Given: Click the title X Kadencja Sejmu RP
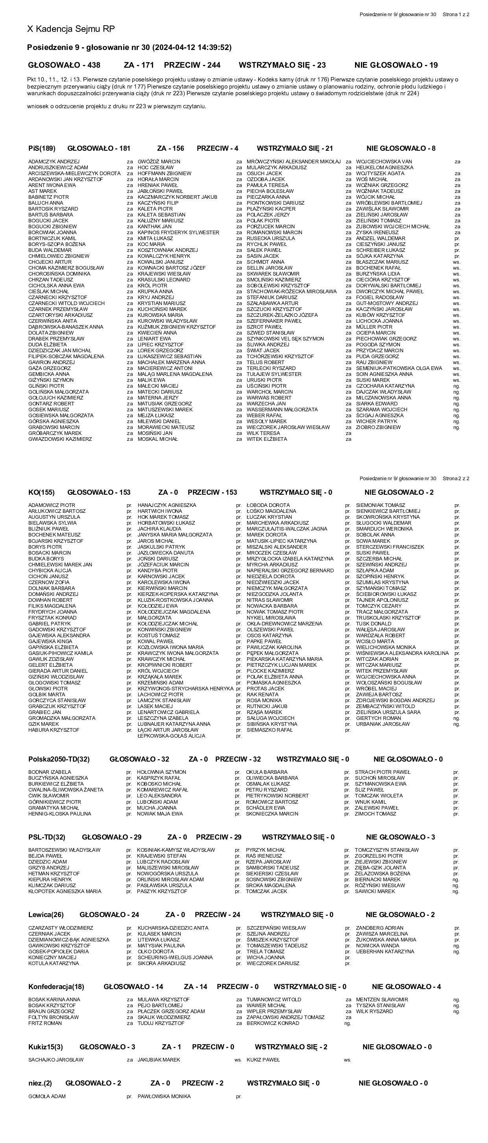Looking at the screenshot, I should tap(71, 29).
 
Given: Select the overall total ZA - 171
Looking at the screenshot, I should tap(139, 65).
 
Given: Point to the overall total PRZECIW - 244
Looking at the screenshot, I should tap(192, 65).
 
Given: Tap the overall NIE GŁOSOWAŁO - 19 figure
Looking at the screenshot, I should tap(396, 65).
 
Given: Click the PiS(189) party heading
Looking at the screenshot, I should tap(42, 148).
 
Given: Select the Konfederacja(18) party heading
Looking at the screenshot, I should tap(56, 986).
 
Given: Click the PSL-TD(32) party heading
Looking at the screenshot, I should tap(46, 837).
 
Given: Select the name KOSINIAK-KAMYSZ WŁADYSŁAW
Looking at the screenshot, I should tap(176, 850).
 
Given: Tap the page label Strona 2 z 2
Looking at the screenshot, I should tap(456, 478).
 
